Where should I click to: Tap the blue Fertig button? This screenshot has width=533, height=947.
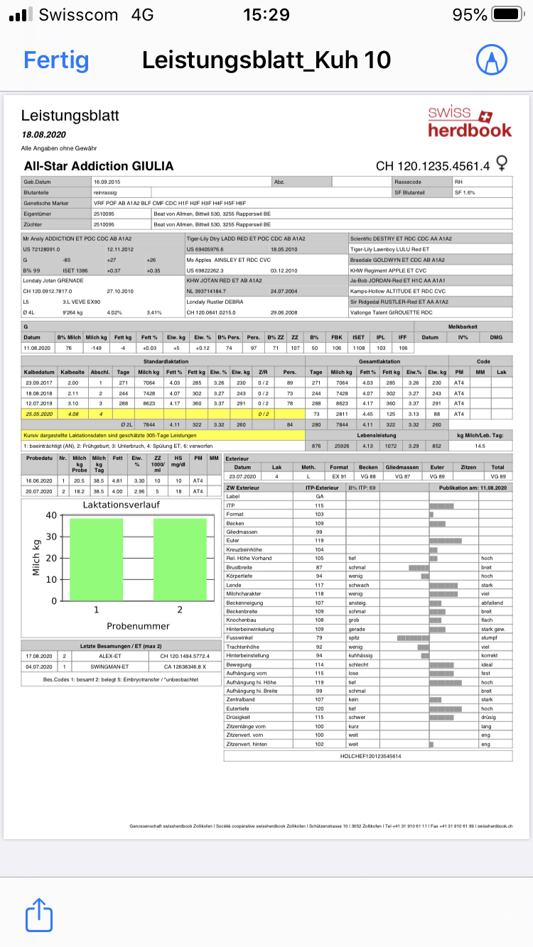(x=56, y=60)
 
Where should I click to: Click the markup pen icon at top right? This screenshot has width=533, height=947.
(x=488, y=60)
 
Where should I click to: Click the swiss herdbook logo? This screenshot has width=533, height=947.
(x=469, y=121)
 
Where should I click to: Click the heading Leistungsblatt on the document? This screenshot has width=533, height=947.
(x=70, y=116)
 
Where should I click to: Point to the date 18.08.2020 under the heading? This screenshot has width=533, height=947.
(x=43, y=134)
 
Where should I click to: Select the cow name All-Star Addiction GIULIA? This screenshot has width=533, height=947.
(x=99, y=166)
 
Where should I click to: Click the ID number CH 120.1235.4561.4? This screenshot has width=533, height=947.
(x=433, y=166)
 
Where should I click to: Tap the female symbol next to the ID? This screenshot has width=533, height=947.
(x=502, y=165)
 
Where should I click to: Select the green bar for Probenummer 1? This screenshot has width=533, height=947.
(x=97, y=559)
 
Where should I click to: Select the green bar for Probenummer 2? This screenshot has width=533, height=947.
(x=180, y=559)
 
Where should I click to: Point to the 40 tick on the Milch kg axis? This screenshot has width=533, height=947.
(x=51, y=515)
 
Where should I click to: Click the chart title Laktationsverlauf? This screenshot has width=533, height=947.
(x=120, y=505)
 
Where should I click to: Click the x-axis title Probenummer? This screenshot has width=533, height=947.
(x=139, y=625)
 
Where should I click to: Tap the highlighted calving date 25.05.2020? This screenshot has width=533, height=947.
(x=39, y=414)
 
